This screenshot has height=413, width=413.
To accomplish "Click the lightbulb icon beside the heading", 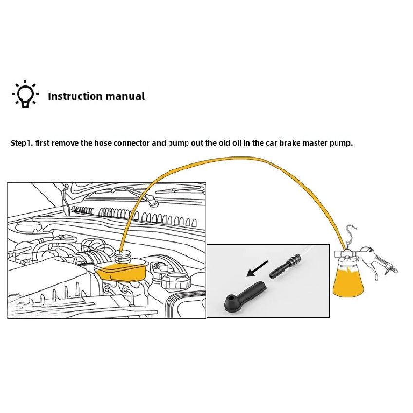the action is coord(25,94).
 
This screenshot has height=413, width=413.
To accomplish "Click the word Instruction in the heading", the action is coord(75,96).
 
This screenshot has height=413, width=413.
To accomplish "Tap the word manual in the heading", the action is coord(125,96).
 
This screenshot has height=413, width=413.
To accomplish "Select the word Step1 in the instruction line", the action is coord(21,143).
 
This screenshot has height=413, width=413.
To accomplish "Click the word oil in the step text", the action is coord(237,143).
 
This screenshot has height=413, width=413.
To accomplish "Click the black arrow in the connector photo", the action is coord(257,269).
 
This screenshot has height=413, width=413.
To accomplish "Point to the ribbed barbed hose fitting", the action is coord(284,266).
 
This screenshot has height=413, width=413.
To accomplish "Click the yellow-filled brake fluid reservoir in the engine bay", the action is coord(121,271).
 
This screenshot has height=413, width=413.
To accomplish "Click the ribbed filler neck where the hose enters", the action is coord(123,256).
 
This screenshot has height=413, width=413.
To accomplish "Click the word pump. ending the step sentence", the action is coord(341,144).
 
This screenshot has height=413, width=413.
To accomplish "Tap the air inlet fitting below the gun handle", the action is coord(392,270).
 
